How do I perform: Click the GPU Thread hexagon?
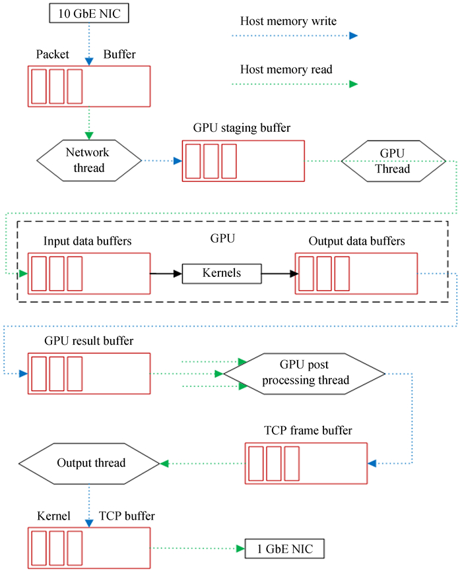coord(393,160)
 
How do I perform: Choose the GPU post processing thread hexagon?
coord(304,374)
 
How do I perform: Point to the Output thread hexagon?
coord(89,463)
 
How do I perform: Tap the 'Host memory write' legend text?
coord(288,22)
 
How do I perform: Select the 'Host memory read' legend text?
coord(286,69)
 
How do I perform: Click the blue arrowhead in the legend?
coord(353,36)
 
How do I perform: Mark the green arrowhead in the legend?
coord(353,84)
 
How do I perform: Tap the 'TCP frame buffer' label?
coord(308,431)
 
